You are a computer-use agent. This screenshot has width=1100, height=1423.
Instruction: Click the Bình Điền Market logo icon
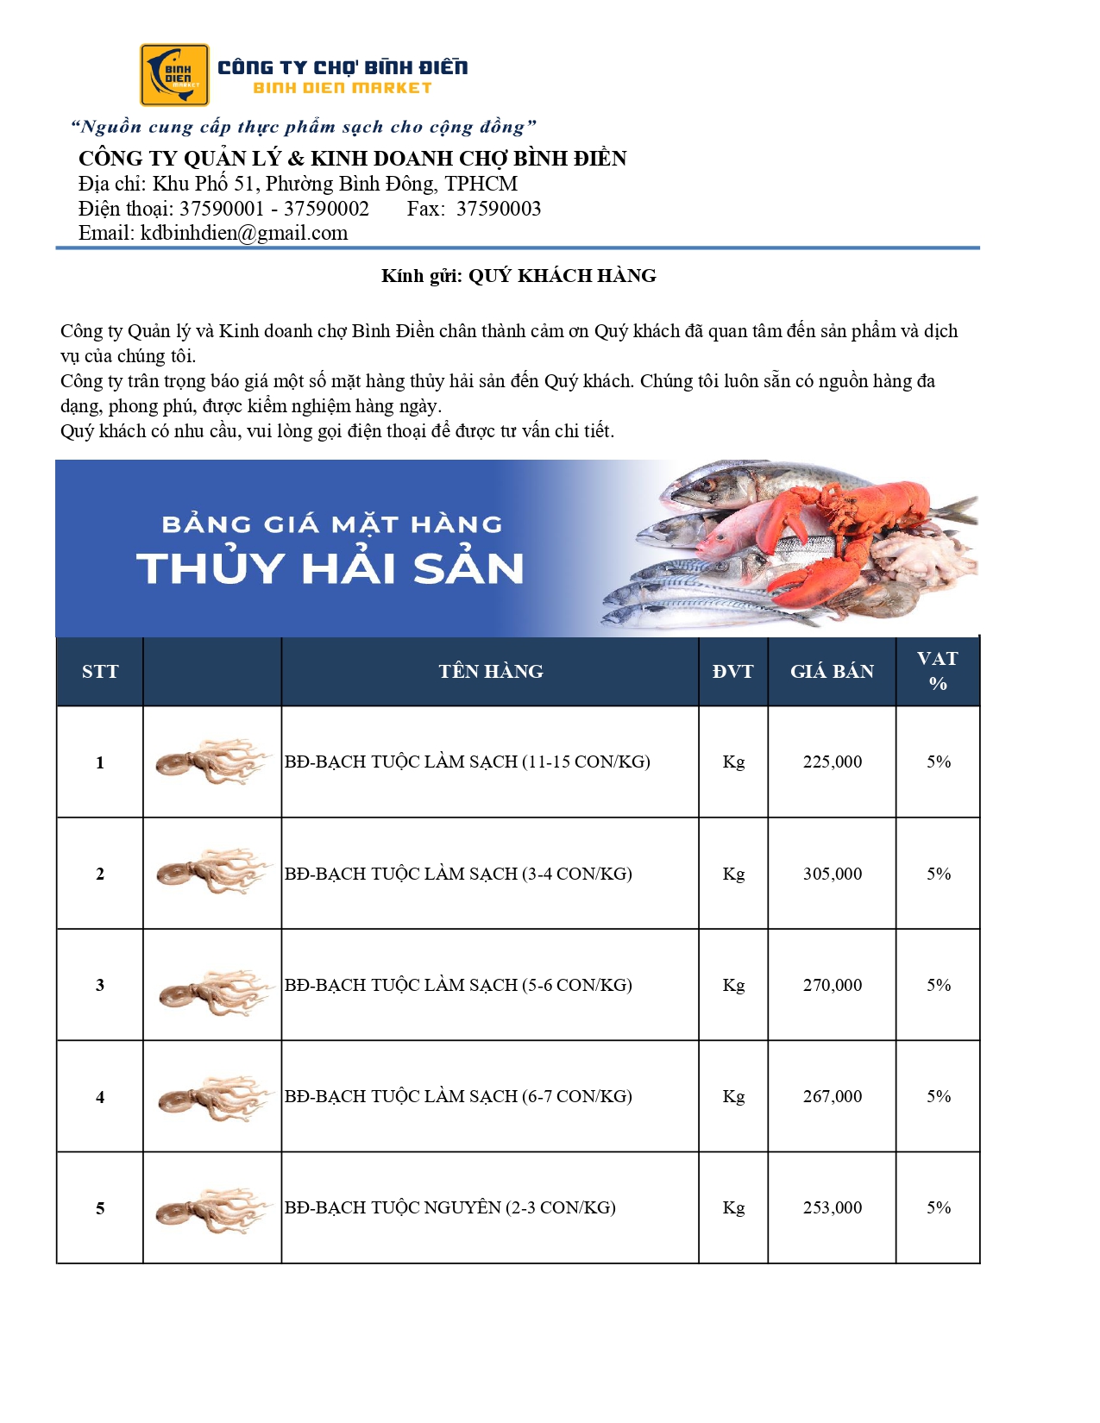pyautogui.click(x=174, y=75)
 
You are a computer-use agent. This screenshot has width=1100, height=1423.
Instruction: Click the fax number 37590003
pyautogui.click(x=499, y=209)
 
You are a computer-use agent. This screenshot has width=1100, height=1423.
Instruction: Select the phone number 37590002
pyautogui.click(x=326, y=209)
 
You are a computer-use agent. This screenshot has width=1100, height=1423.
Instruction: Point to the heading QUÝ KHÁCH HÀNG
pyautogui.click(x=562, y=276)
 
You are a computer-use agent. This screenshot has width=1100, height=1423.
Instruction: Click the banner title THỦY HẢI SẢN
pyautogui.click(x=330, y=568)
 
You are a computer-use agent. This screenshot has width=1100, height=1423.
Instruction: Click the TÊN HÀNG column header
pyautogui.click(x=490, y=672)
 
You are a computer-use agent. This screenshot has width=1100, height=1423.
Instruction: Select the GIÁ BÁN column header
pyautogui.click(x=832, y=672)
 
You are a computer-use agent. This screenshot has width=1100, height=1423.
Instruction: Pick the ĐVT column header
pyautogui.click(x=732, y=672)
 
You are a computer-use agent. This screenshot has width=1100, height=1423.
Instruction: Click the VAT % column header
pyautogui.click(x=938, y=671)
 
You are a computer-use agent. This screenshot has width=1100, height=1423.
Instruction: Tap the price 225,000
pyautogui.click(x=832, y=762)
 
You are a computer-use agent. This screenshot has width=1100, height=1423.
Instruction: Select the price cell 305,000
pyautogui.click(x=832, y=874)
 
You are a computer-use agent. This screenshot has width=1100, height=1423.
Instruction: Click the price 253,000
pyautogui.click(x=832, y=1207)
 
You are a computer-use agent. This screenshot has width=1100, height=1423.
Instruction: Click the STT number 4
pyautogui.click(x=100, y=1097)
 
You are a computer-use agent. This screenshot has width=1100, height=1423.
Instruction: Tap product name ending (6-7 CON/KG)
pyautogui.click(x=458, y=1096)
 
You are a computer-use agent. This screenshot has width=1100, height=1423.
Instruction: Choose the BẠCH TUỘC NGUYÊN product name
pyautogui.click(x=449, y=1207)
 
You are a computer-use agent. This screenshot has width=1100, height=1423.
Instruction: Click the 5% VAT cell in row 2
pyautogui.click(x=938, y=874)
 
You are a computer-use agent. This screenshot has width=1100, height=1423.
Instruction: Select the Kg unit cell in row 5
pyautogui.click(x=732, y=1207)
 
